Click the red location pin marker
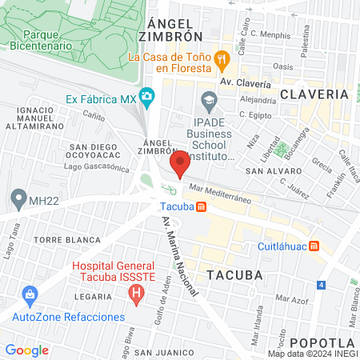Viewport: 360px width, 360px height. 180,164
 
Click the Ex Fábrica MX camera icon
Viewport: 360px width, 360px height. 146,98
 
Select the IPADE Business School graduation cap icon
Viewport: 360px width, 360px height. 210,100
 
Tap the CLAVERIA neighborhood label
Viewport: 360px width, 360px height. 314,94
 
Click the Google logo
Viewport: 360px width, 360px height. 26,350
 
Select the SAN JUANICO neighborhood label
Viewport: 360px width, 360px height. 164,352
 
